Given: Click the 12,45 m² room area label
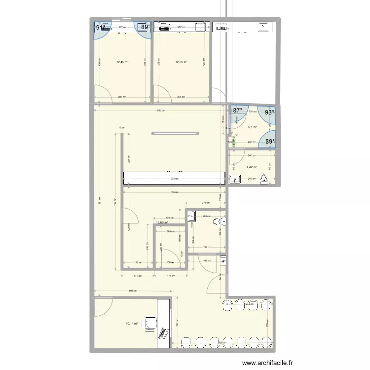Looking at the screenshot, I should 122,62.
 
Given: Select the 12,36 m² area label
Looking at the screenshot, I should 181,62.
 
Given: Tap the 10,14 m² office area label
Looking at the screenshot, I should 132,324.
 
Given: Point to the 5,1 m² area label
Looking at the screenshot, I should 252,127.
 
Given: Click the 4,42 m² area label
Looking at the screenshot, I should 252,166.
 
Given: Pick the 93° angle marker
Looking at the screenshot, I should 269,112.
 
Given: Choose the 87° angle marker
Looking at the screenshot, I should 238,111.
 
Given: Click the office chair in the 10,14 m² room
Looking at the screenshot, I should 149,324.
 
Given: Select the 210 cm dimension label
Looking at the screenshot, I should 206,202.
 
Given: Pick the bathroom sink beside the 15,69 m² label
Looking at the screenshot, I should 191,216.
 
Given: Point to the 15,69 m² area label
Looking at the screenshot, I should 162,222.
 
